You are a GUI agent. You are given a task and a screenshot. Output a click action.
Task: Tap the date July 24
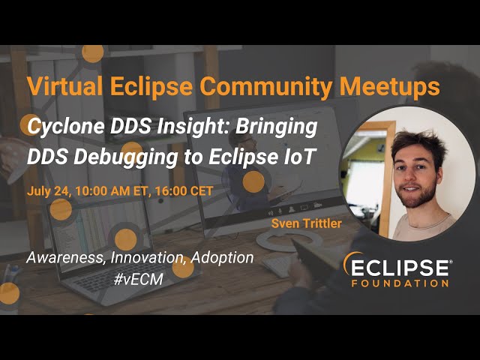[x=49, y=190]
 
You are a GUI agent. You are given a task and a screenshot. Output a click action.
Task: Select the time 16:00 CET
[x=184, y=190]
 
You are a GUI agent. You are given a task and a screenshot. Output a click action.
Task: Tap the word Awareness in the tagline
[x=66, y=258]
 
